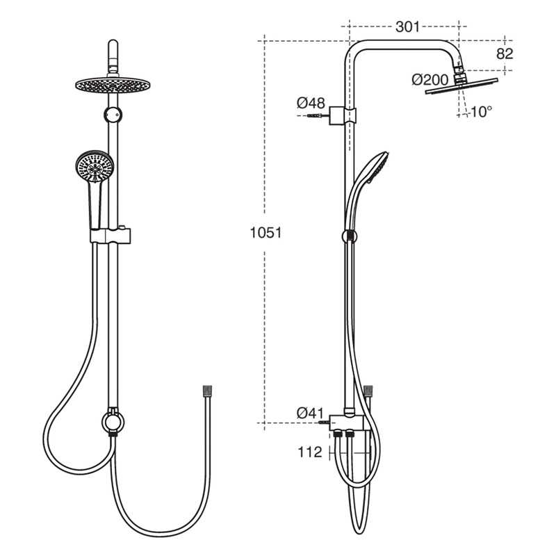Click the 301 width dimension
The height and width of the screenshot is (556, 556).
tap(407, 27)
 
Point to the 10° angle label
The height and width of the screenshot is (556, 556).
tap(480, 111)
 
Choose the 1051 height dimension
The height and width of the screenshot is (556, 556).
tap(265, 233)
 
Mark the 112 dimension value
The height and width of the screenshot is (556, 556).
tap(309, 452)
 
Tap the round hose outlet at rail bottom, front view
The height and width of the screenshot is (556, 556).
tap(111, 420)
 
